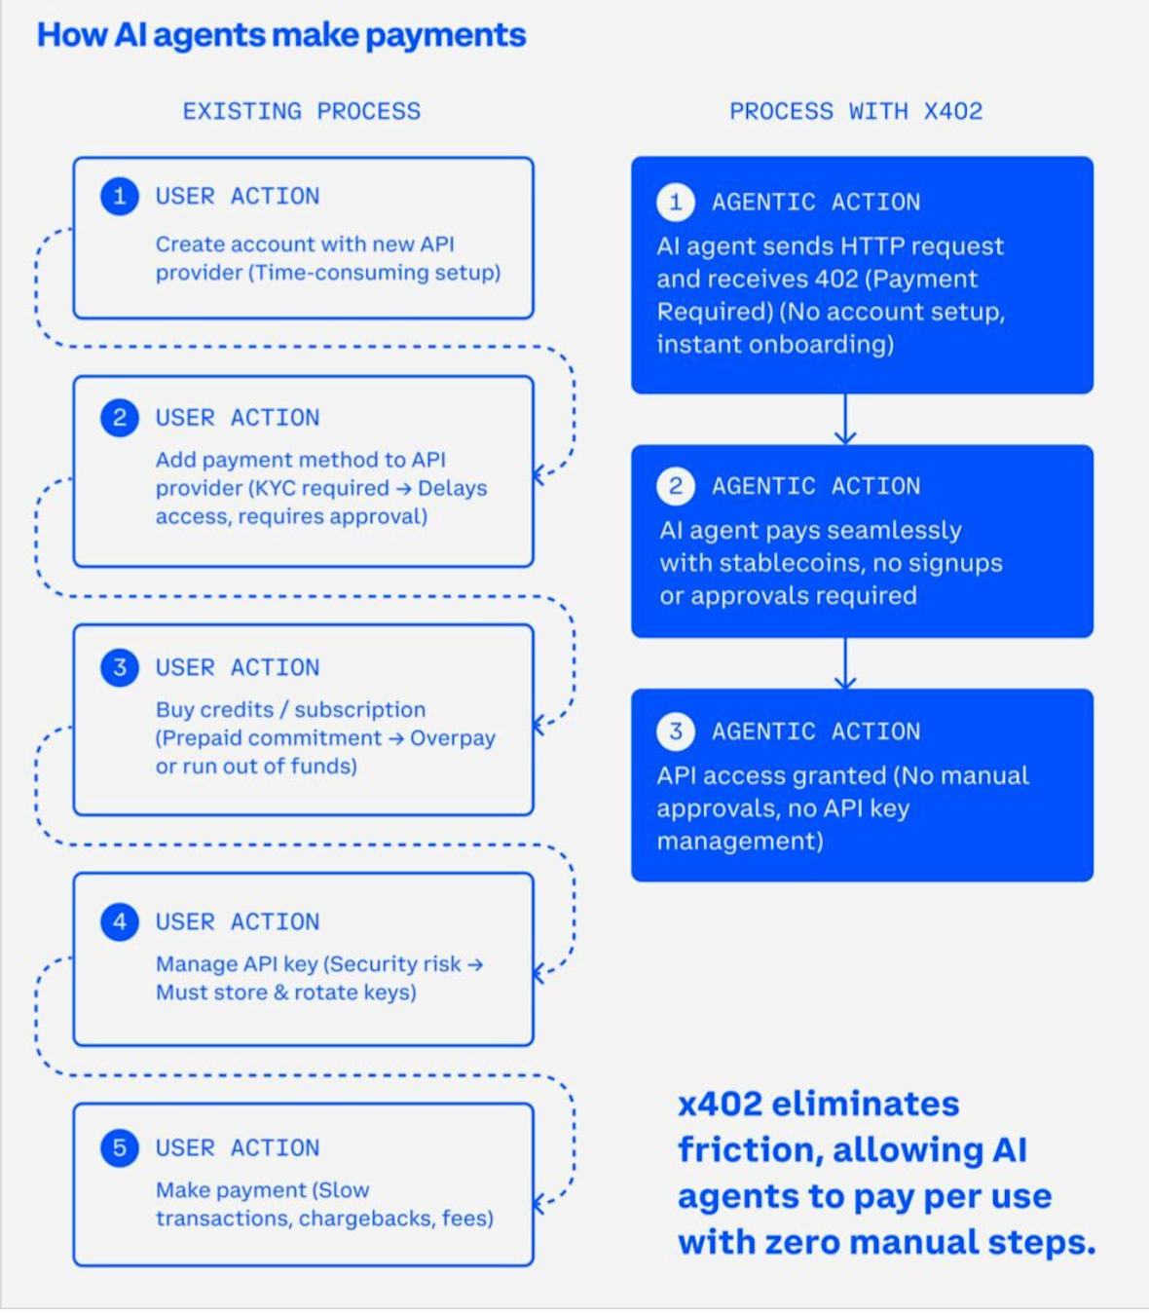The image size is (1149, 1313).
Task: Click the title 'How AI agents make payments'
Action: (x=281, y=35)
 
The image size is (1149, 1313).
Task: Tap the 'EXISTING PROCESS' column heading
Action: (x=302, y=111)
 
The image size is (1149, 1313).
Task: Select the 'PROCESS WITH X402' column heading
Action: (x=856, y=111)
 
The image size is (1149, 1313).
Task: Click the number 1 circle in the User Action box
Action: (x=120, y=196)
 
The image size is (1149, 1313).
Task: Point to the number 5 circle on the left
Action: (x=120, y=1147)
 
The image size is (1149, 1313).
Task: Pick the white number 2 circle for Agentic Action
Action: (x=676, y=486)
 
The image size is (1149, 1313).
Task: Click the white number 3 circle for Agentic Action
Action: (x=676, y=731)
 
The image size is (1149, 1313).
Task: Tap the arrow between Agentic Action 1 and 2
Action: (x=845, y=419)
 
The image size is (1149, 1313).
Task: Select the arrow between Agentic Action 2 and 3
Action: (x=845, y=663)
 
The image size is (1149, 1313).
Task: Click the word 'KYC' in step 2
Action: (x=276, y=488)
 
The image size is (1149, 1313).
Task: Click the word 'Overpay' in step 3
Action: (x=453, y=738)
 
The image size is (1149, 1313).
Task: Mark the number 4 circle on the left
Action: (x=120, y=921)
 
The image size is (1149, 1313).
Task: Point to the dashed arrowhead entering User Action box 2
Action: (x=539, y=475)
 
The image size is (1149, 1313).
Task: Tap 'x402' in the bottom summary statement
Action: (x=721, y=1104)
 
